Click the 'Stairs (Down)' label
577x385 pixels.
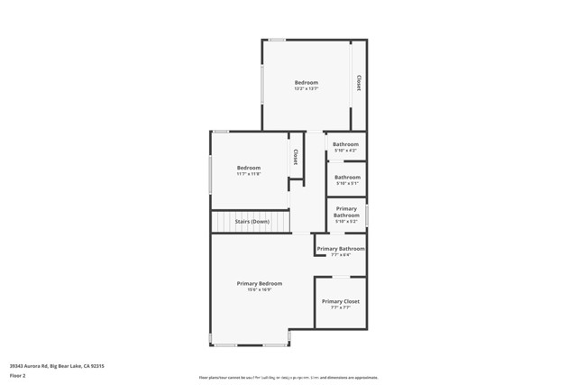pos(252,221)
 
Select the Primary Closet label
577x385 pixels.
pos(340,301)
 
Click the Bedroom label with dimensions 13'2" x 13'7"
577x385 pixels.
pos(307,83)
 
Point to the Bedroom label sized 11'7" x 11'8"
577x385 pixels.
pos(249,168)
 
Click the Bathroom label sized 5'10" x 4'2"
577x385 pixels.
pos(346,144)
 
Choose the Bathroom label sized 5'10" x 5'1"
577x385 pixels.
pos(347,178)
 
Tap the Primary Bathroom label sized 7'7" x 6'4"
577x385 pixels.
pos(341,249)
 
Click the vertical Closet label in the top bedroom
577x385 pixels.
pos(358,83)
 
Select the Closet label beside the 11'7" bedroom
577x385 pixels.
pos(295,157)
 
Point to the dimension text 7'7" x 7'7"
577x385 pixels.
pos(340,307)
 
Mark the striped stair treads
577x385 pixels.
pos(252,221)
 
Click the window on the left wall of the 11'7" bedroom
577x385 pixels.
pos(211,174)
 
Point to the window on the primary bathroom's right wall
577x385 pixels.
pos(367,216)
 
